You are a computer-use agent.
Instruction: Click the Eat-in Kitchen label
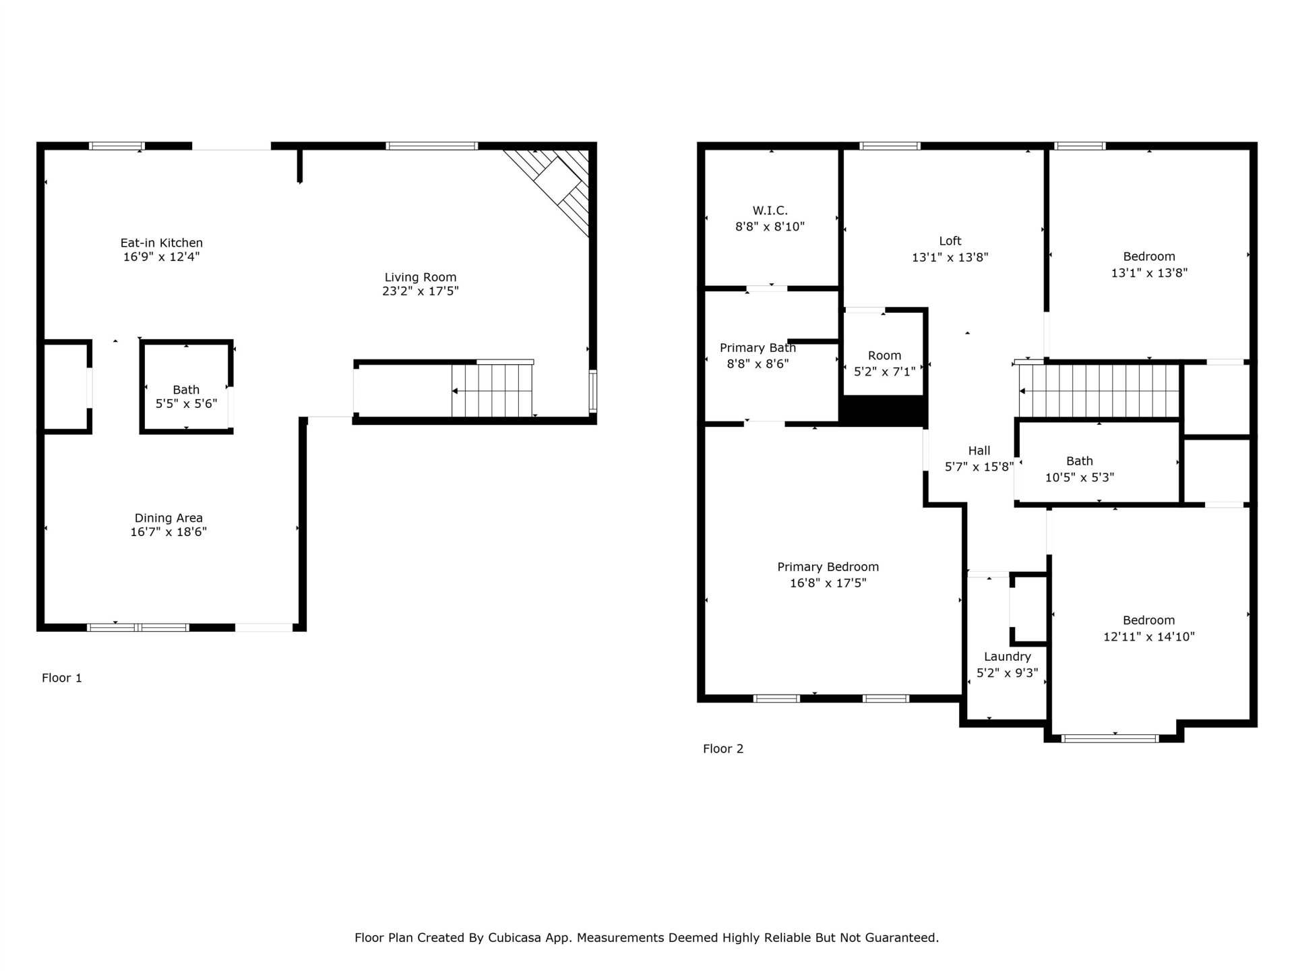(161, 243)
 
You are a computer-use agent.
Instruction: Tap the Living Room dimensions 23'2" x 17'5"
(420, 291)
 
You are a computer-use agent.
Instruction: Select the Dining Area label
(168, 518)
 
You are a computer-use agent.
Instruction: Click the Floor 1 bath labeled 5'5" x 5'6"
(186, 396)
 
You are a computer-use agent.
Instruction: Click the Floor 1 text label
(62, 678)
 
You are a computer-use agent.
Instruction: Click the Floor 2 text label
(723, 748)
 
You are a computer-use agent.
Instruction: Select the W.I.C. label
(770, 211)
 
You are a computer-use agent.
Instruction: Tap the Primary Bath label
(758, 348)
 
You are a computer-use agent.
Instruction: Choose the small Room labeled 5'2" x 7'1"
(884, 363)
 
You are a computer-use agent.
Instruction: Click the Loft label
(950, 241)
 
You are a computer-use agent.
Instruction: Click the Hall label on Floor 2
(979, 450)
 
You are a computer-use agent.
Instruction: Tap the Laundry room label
(1007, 657)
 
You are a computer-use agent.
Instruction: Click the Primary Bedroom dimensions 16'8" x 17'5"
(828, 583)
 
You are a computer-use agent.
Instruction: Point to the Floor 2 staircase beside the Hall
(1099, 391)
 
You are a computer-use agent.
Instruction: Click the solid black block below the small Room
(884, 410)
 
